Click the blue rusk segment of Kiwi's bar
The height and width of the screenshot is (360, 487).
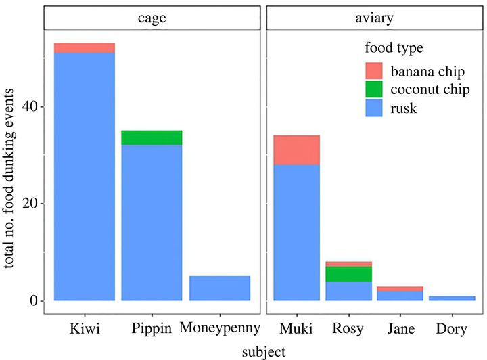tap(85, 176)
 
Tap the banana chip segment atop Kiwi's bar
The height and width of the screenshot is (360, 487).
tap(85, 47)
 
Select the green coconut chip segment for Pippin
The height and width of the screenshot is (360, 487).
tap(152, 137)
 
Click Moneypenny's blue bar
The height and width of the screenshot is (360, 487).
tap(220, 288)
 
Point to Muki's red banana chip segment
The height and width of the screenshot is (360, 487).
tap(296, 150)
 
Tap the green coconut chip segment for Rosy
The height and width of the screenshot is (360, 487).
tap(348, 273)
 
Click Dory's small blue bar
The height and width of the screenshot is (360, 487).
tap(453, 298)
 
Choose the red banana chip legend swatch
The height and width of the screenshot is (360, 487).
tap(374, 70)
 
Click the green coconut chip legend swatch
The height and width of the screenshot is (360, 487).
tap(374, 89)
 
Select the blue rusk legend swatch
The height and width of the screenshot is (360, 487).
tap(374, 107)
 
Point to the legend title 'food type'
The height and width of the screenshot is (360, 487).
tap(394, 48)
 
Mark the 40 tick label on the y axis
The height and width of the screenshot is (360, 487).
tap(26, 107)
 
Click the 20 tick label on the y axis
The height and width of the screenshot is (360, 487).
tap(26, 204)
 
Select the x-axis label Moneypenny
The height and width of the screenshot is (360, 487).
tap(221, 330)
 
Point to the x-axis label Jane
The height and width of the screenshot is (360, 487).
tap(400, 330)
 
